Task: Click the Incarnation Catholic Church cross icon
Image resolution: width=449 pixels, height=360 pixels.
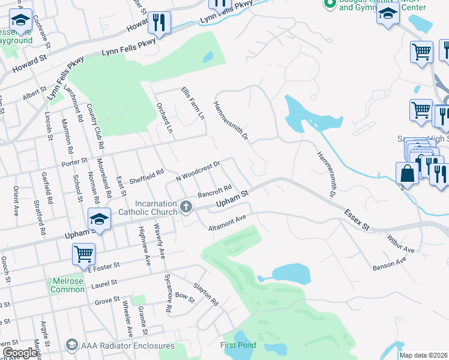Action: [x=186, y=208]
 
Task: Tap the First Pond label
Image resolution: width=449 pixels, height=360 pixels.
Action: [x=238, y=345]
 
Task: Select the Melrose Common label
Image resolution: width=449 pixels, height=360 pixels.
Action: [x=67, y=284]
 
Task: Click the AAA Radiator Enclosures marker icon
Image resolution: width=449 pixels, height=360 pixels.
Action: [x=72, y=344]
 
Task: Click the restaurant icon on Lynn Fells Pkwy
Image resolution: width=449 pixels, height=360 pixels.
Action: [x=159, y=23]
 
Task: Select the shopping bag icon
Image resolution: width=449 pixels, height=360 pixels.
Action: [x=407, y=173]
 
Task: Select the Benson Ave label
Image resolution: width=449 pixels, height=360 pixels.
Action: [x=389, y=263]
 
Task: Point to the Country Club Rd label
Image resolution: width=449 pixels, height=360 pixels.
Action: [x=95, y=126]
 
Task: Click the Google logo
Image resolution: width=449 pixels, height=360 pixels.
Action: [x=20, y=353]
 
